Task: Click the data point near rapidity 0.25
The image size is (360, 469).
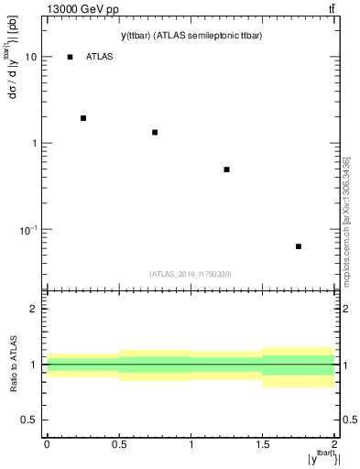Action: click(83, 118)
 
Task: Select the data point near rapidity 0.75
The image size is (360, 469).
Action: click(155, 133)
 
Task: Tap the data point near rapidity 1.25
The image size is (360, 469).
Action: click(226, 169)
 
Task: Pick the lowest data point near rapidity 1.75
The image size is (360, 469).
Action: click(299, 246)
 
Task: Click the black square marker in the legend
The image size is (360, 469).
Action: click(71, 57)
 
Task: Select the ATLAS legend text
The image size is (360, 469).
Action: click(99, 57)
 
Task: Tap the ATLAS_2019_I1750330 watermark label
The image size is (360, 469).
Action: click(191, 274)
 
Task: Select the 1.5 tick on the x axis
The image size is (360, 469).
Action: click(262, 443)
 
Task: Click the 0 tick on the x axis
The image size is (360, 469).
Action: click(47, 443)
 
